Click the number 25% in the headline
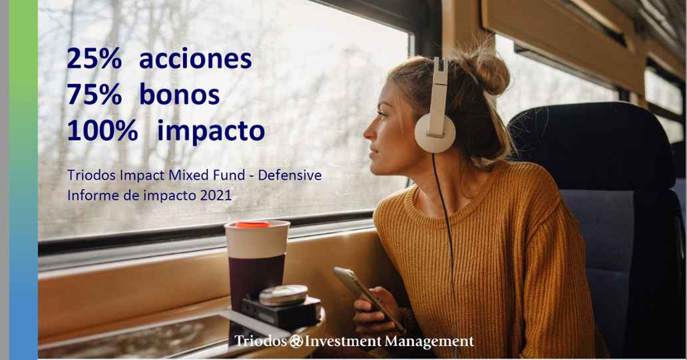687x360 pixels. point(95,59)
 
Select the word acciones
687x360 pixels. point(196,59)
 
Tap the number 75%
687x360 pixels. point(95,95)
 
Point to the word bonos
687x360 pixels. point(179,95)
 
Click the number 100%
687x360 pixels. point(103,131)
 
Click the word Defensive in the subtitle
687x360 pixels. point(290,175)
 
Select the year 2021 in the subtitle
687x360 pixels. point(216,196)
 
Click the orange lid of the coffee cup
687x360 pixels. point(252,225)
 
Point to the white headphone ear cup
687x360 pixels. point(435,133)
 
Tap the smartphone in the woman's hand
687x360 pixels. point(368,298)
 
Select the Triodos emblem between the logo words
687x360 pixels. point(296,341)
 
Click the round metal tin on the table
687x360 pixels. point(284,295)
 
